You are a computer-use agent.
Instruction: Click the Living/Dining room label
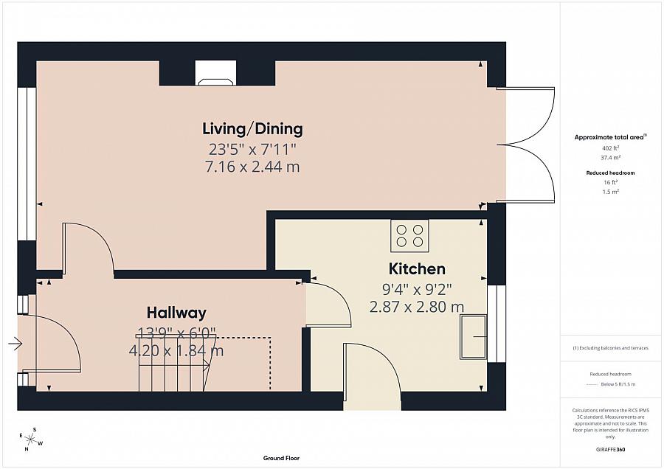(x=252, y=129)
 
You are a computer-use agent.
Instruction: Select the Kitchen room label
(x=417, y=269)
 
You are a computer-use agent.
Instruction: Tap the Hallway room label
(x=176, y=313)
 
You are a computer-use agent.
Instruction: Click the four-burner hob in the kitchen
(x=409, y=235)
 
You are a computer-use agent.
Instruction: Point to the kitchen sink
(x=473, y=337)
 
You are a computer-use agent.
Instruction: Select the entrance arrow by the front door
(x=15, y=343)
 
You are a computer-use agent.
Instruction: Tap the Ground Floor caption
(x=282, y=458)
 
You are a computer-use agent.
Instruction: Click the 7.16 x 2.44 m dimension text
(x=252, y=167)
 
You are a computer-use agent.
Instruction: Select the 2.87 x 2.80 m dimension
(x=417, y=306)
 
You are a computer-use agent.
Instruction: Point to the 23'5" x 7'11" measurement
(x=252, y=148)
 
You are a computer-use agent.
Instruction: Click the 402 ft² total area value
(x=611, y=148)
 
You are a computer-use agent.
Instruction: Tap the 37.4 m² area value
(x=611, y=158)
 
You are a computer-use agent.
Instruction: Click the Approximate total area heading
(x=610, y=137)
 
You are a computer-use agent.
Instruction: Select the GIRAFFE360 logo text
(x=611, y=449)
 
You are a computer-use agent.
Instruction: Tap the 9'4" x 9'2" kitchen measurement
(x=417, y=288)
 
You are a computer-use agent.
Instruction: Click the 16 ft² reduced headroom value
(x=611, y=182)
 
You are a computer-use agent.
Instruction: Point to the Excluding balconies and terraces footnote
(x=611, y=347)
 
